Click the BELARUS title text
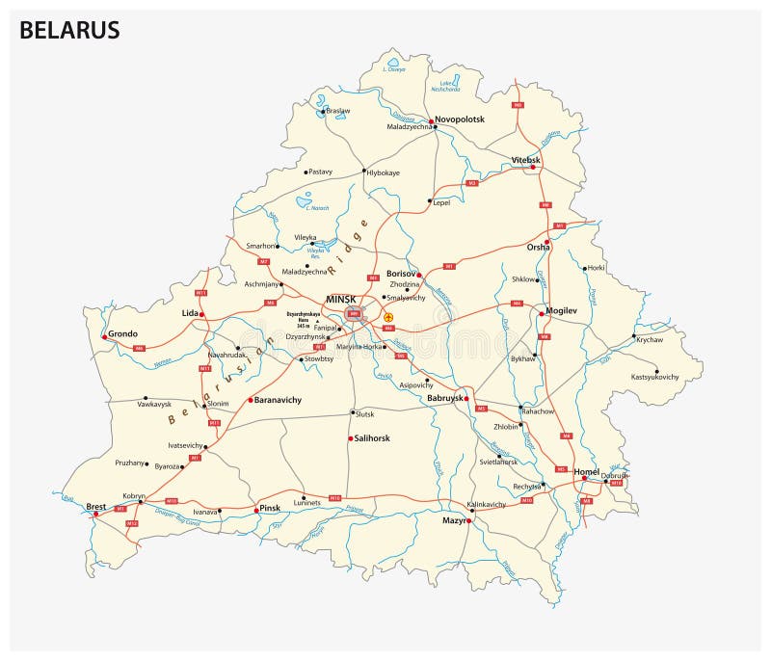coord(69,30)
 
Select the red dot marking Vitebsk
coord(533,168)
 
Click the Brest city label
coord(96,505)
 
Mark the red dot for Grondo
coord(103,337)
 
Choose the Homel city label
coord(586,471)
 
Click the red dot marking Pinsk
coord(256,509)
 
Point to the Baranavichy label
coord(279,399)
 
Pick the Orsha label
coord(538,248)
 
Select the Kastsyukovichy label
coord(654,377)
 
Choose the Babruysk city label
coord(444,398)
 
